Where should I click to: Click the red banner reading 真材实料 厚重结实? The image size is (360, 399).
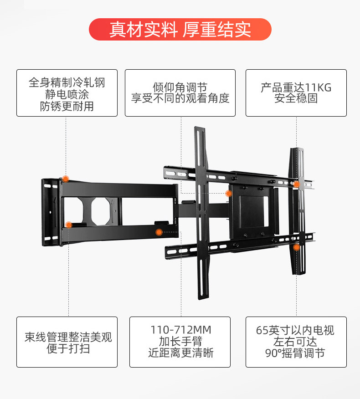click(x=180, y=30)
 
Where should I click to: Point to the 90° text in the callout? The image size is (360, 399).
click(x=272, y=353)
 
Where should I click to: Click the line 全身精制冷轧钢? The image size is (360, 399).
click(x=67, y=83)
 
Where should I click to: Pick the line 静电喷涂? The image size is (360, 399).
click(x=67, y=95)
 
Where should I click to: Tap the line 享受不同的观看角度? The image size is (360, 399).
click(x=180, y=98)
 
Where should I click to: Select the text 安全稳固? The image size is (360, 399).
click(x=296, y=98)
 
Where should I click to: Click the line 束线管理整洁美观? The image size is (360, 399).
click(x=68, y=338)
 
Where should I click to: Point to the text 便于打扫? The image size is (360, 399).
click(x=68, y=349)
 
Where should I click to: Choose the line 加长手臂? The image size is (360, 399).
click(x=181, y=342)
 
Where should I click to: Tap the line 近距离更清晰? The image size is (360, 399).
click(x=181, y=353)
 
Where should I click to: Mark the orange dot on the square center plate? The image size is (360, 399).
click(x=228, y=193)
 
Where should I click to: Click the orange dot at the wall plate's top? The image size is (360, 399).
click(x=66, y=179)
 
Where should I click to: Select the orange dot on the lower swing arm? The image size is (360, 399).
click(x=159, y=232)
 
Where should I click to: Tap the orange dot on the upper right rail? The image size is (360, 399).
click(x=296, y=184)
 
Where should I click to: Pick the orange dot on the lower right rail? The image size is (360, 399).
click(x=296, y=247)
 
